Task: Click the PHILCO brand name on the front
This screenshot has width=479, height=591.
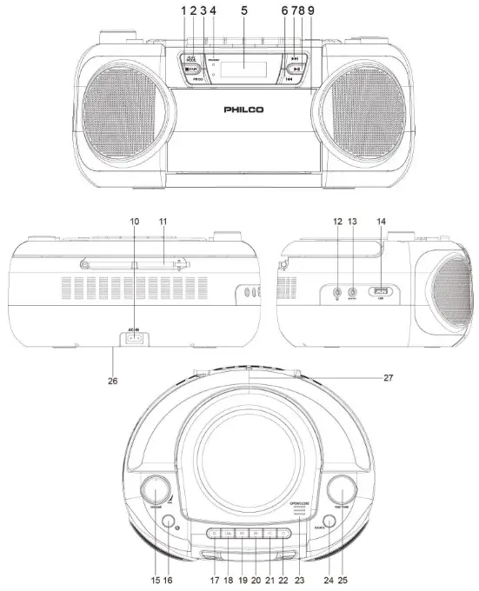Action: [x=244, y=111]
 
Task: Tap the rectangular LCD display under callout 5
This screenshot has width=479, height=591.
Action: [x=243, y=67]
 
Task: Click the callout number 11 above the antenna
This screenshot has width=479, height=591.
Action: [x=162, y=222]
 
